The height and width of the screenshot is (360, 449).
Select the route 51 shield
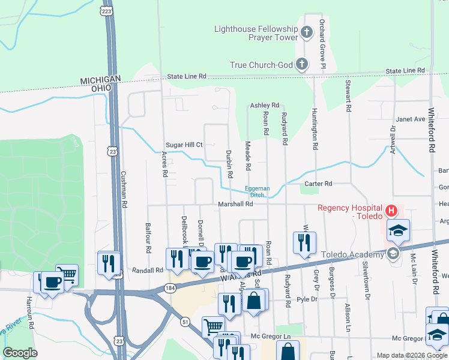(185, 322)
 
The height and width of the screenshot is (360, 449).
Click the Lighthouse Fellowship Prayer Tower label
(256, 33)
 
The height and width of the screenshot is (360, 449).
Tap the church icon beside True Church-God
(302, 64)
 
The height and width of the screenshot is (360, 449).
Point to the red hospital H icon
(391, 211)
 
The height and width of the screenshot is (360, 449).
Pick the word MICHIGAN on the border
(101, 79)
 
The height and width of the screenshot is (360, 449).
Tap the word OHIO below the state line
(101, 88)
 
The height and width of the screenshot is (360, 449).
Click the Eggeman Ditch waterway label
(257, 191)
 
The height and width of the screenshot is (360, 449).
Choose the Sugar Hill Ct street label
(185, 145)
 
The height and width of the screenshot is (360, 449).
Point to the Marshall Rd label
(235, 204)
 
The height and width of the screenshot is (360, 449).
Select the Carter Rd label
(318, 184)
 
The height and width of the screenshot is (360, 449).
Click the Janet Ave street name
(412, 119)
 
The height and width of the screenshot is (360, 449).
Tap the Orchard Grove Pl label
(322, 36)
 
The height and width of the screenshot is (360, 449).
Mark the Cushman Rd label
(124, 188)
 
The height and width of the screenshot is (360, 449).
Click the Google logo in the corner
(20, 353)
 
